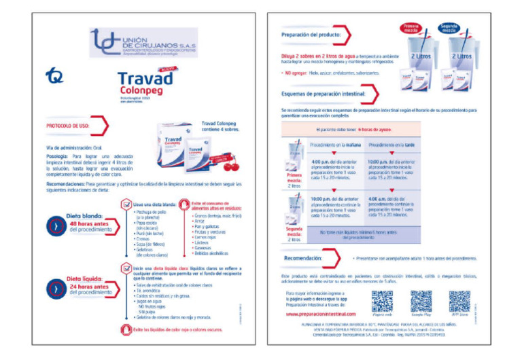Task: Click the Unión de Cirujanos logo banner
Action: pos(143,43)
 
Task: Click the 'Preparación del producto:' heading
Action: pos(311,34)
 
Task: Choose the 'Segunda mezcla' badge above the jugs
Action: pos(449,27)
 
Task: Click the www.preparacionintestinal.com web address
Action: pos(320,314)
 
